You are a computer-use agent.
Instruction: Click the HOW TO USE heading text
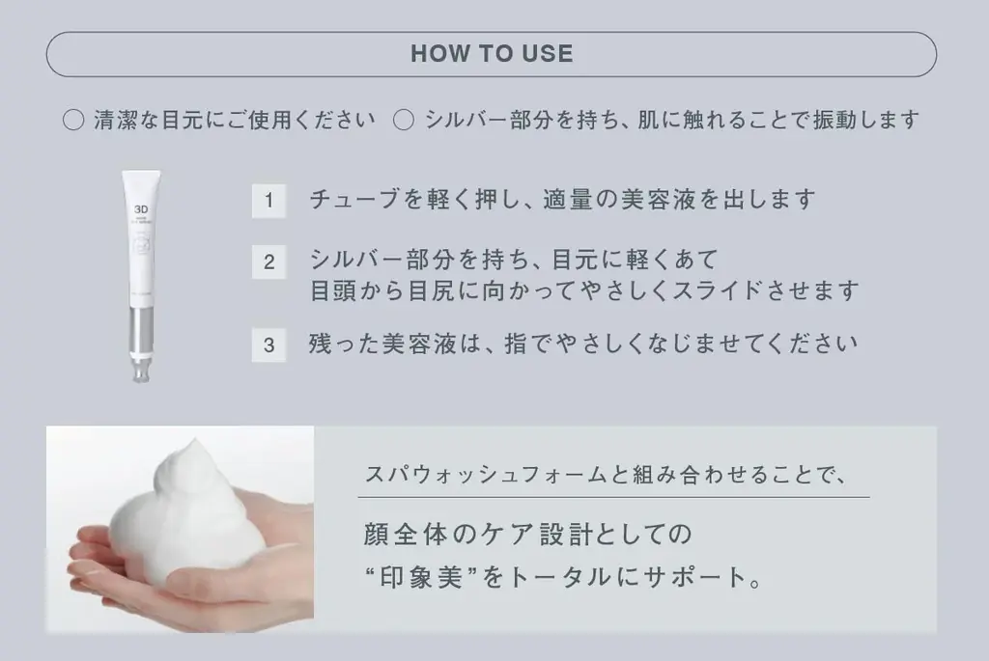point(492,54)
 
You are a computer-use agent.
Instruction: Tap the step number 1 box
point(268,201)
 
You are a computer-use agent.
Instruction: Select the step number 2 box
point(268,262)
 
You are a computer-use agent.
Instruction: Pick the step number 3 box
point(268,344)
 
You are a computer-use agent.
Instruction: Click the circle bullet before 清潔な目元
point(73,121)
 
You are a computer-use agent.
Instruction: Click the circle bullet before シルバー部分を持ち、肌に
point(405,121)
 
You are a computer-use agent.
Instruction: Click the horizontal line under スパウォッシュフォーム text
point(613,497)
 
